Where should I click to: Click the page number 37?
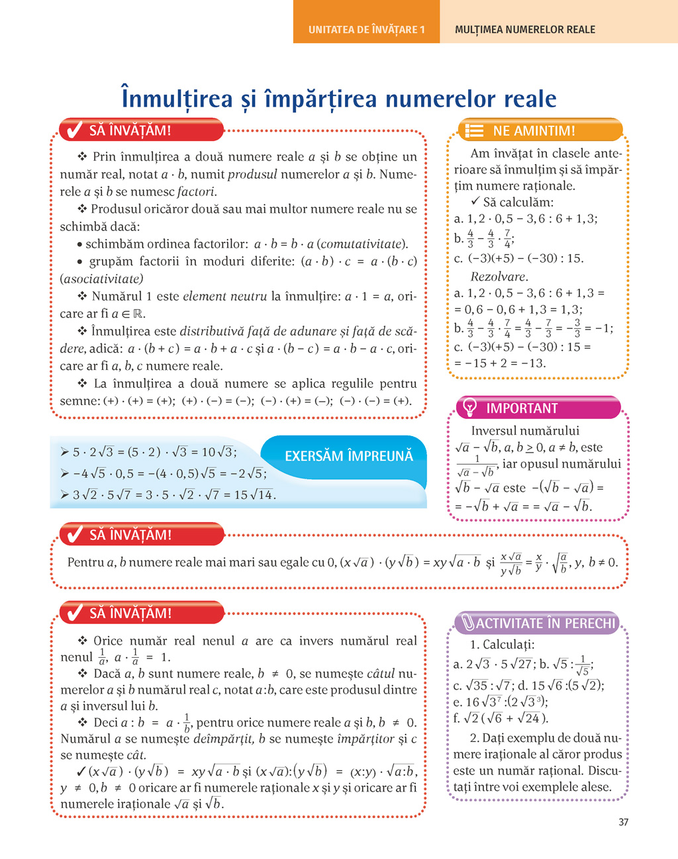coord(623,822)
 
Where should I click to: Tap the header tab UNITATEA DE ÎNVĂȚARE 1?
coord(366,29)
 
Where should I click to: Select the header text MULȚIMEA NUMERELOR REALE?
coord(524,29)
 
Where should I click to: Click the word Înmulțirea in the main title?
coord(177,99)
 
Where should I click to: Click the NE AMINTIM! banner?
coord(534,130)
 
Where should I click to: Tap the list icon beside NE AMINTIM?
coord(474,130)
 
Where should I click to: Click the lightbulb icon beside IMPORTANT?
coord(469,408)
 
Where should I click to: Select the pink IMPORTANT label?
coord(522,408)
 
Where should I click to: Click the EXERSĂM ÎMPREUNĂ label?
coord(348,456)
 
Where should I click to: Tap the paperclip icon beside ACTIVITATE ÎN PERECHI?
coord(467,623)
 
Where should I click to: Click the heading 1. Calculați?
coord(502,645)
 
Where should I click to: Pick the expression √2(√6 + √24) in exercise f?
coord(507,718)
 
